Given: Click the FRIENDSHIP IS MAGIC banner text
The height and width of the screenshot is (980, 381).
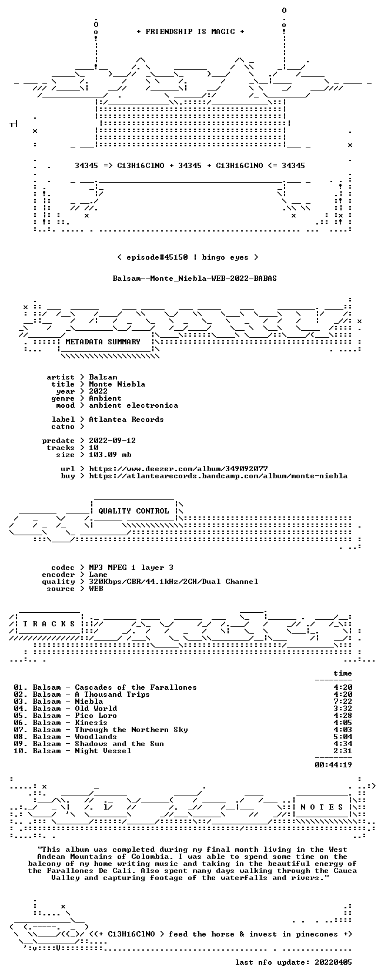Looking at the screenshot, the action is [190, 32].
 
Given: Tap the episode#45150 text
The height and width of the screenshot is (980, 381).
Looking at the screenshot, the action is [157, 257].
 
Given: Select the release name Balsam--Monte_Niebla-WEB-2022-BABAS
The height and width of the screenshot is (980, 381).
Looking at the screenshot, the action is [195, 278].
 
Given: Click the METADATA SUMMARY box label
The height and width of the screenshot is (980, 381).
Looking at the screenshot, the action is [103, 342].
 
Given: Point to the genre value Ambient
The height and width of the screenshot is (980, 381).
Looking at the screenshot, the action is [105, 398].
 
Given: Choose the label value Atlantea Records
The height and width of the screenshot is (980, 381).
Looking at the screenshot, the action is [126, 419].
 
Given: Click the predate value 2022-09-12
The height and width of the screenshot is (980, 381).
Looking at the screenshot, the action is [112, 440].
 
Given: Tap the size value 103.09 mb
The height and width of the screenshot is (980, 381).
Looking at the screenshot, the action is [110, 454].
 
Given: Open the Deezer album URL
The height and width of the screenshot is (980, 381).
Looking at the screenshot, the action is [178, 469].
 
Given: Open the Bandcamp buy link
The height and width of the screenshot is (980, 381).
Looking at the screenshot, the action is [218, 475].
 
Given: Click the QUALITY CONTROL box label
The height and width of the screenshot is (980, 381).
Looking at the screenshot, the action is [133, 511].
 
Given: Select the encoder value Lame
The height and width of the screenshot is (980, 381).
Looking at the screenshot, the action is [98, 575].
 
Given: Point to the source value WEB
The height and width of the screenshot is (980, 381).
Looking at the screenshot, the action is [96, 589].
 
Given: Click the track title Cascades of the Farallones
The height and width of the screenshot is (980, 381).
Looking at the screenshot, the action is [136, 687].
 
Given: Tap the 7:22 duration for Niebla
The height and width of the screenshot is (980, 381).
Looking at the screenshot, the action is [343, 702].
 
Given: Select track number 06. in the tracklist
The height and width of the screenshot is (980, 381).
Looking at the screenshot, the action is [21, 722].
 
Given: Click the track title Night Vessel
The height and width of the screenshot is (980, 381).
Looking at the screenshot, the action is [103, 751].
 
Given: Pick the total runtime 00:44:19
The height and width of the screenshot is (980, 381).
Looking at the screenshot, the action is [333, 765].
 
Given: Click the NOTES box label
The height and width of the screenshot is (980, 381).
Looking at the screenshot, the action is [322, 807].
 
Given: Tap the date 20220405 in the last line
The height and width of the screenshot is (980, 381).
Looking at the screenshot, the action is [333, 962].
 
